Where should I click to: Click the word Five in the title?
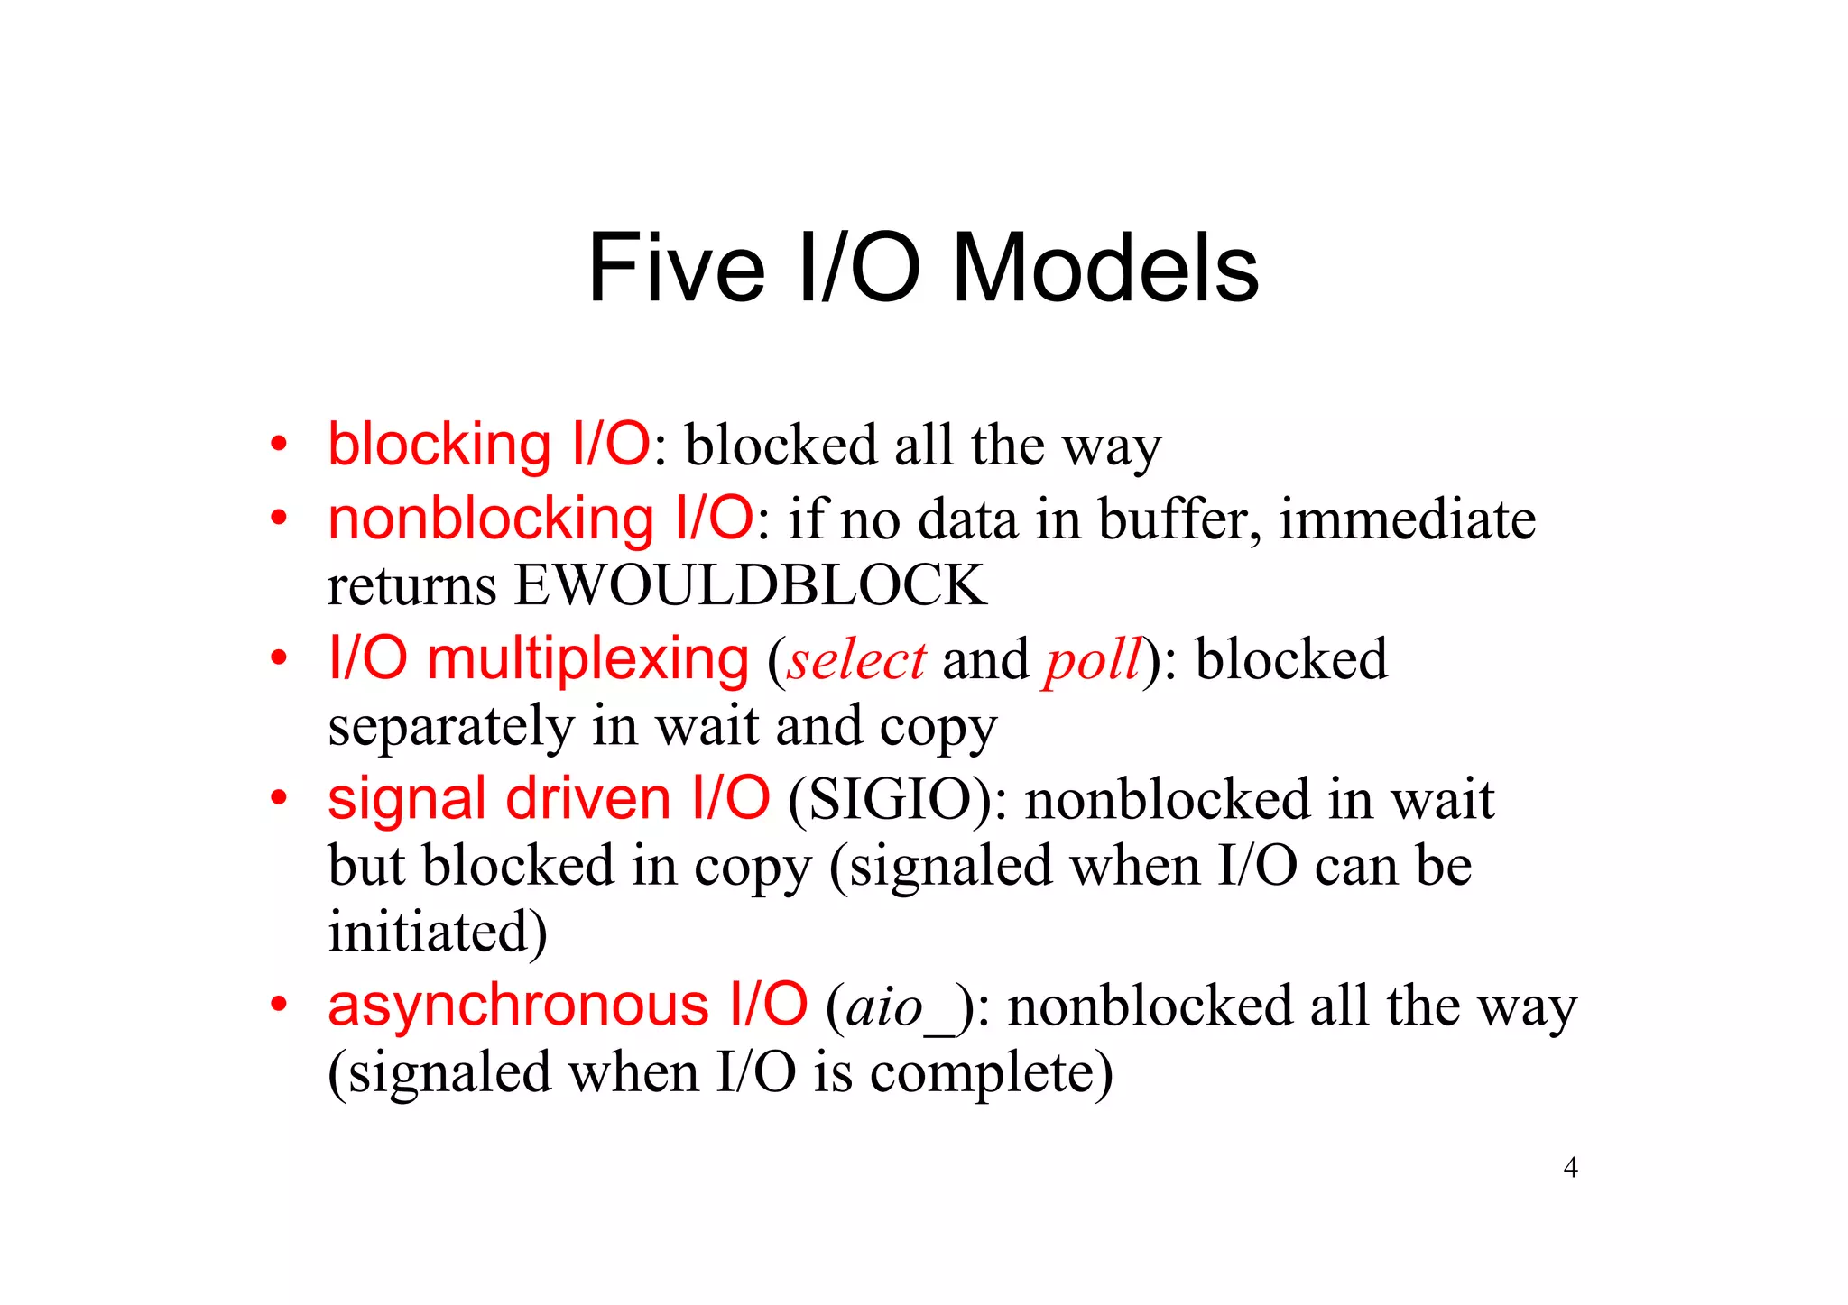(676, 268)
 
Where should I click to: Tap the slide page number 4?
(1570, 1168)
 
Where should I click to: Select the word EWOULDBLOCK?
(750, 585)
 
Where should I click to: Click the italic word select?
(856, 660)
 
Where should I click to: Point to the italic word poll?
(1093, 660)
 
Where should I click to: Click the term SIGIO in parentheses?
(890, 799)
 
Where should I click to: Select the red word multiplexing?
(587, 658)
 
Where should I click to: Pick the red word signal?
(406, 799)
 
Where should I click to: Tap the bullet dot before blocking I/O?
(279, 445)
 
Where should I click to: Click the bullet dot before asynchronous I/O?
(279, 1004)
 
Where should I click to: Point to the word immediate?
(1407, 519)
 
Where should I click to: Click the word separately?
(450, 727)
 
